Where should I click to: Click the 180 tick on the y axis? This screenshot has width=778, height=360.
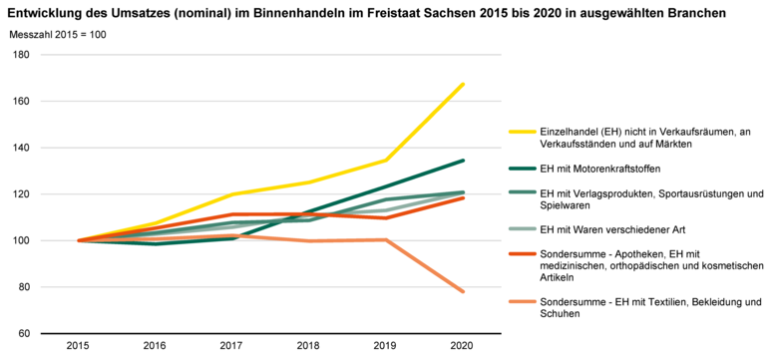[x=21, y=55]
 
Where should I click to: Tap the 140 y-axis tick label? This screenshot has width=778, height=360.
[x=21, y=148]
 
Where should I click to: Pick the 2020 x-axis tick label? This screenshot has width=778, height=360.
[x=463, y=346]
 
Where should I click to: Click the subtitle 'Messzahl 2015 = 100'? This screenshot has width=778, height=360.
[x=58, y=36]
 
